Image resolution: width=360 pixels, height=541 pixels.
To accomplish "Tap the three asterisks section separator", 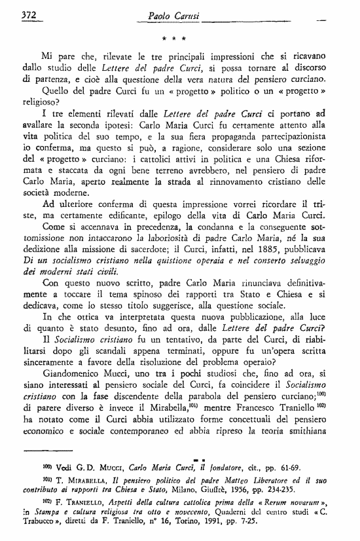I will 179,39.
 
